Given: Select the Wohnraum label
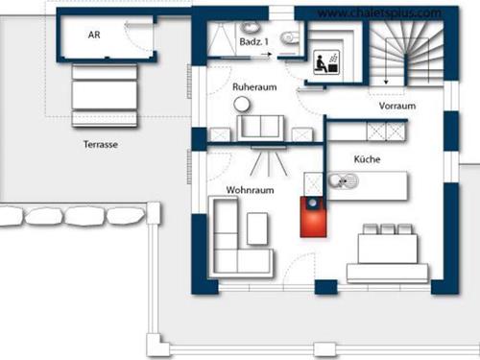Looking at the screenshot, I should [x=251, y=190].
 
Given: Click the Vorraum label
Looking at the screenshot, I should [x=396, y=107].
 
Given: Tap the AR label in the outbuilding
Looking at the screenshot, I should [x=94, y=34].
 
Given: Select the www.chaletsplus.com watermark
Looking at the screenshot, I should [x=378, y=13].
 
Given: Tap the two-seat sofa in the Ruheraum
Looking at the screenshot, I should [x=262, y=126].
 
